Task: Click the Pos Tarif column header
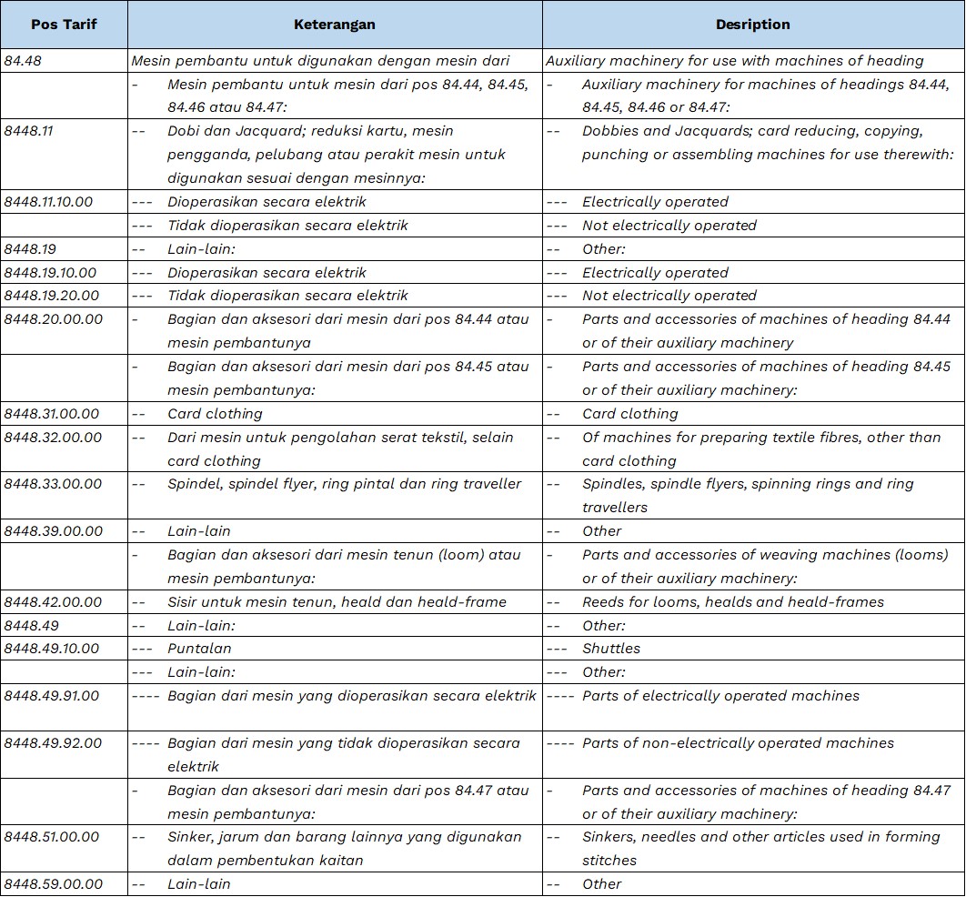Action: point(64,25)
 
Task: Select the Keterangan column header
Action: point(335,25)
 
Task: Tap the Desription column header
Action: point(752,25)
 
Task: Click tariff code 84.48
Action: point(23,61)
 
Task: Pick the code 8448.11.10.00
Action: point(48,202)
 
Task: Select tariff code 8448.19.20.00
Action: point(51,296)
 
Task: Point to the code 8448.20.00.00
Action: point(53,319)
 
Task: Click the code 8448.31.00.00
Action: point(52,414)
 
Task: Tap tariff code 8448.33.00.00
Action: point(53,484)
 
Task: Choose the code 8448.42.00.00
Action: point(53,601)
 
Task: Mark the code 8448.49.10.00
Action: point(51,649)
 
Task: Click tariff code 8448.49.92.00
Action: point(52,743)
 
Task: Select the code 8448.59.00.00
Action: point(53,884)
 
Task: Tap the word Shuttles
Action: point(611,649)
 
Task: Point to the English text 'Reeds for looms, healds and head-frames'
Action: point(733,601)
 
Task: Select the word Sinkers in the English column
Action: point(610,837)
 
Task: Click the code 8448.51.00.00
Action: point(52,837)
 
